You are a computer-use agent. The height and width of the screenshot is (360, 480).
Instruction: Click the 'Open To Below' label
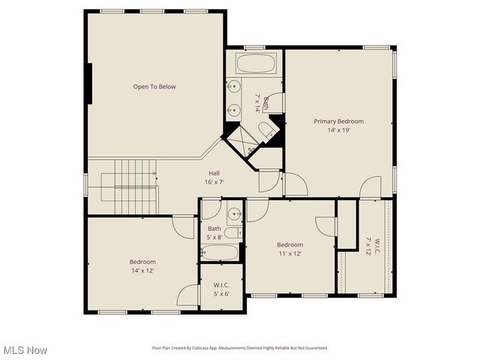pos(154,87)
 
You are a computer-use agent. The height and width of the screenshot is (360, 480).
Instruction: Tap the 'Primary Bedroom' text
pos(338,121)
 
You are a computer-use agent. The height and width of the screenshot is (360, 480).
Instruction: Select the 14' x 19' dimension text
pos(338,130)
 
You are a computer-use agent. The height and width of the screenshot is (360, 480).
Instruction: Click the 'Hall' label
pos(214,173)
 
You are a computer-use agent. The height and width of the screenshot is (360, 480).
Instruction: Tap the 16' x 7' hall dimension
pos(214,182)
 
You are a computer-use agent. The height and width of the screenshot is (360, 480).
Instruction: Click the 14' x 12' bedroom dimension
pos(142,270)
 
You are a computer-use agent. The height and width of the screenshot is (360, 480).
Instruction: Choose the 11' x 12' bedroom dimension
pos(289,253)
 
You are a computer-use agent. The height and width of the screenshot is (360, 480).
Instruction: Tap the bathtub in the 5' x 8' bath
pos(219,252)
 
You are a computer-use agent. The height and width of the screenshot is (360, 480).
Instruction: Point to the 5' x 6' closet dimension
pos(220,293)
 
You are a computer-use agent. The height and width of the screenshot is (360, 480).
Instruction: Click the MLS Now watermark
pos(25,350)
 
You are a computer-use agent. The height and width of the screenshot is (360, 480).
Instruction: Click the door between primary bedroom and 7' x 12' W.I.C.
pos(370,188)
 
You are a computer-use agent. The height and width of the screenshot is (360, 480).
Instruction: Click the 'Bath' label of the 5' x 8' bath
pos(214,229)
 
